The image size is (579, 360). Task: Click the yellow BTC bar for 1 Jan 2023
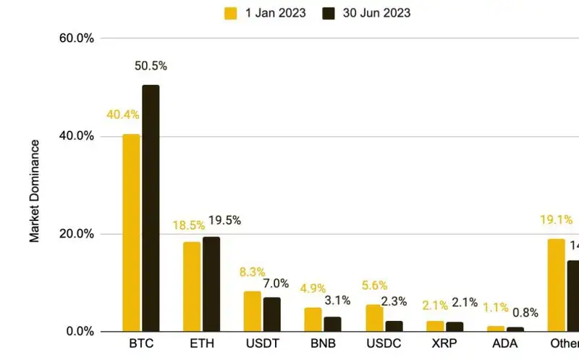click(131, 233)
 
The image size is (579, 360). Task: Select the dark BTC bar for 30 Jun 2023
click(151, 208)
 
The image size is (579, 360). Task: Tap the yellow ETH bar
click(192, 286)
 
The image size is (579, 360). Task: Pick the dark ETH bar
click(211, 284)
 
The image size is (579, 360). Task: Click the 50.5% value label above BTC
click(151, 66)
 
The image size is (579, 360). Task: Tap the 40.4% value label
click(123, 114)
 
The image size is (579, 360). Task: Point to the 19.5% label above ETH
click(224, 220)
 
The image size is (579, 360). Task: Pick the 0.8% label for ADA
click(525, 312)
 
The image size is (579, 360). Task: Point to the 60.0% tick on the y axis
click(76, 38)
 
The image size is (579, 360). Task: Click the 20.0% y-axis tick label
click(76, 234)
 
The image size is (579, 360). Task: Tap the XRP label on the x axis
click(444, 343)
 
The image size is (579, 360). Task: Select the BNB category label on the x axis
click(322, 343)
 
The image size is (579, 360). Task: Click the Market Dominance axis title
click(35, 190)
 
